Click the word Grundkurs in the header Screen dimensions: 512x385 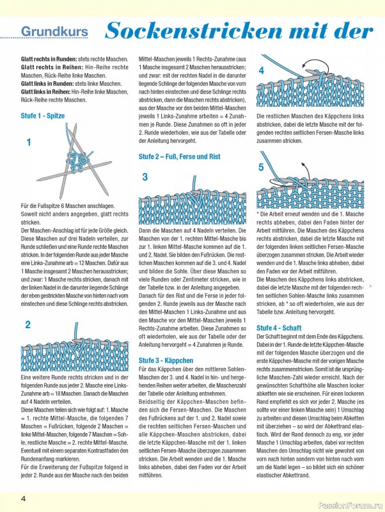coord(55,31)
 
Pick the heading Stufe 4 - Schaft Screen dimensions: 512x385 coord(279,328)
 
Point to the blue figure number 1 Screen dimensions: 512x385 coord(29,143)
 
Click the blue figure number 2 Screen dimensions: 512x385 coord(27,324)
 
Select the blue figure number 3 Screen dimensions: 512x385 coord(145,177)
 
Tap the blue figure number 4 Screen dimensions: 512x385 coord(261,70)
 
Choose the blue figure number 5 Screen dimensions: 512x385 coord(261,168)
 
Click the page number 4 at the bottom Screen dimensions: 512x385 coord(22,499)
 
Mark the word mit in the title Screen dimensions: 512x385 coord(308,30)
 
